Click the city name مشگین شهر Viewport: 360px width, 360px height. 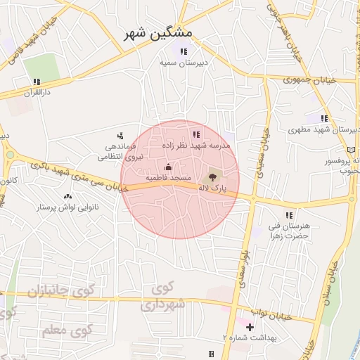click(161, 33)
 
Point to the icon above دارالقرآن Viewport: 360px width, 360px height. click(37, 82)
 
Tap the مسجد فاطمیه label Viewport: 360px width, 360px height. click(168, 179)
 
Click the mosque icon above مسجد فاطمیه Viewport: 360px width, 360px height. click(168, 167)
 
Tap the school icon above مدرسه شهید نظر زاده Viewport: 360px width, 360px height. click(195, 134)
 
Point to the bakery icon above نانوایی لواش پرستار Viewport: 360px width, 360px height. click(67, 196)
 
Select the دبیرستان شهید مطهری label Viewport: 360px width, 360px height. click(324, 130)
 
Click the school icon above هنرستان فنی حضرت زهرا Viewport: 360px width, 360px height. click(288, 215)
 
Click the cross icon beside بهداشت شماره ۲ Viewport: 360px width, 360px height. click(250, 327)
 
